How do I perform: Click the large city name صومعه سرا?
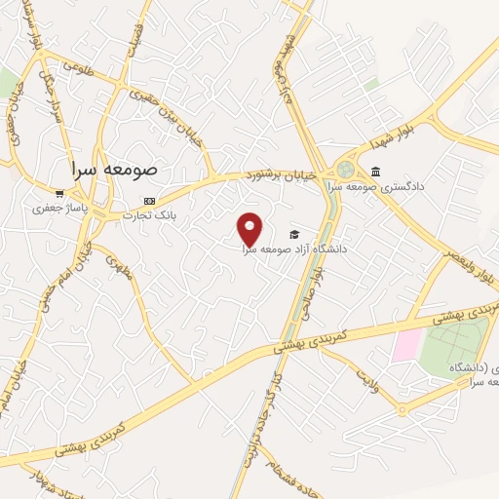(x=115, y=169)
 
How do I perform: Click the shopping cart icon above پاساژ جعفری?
(x=60, y=192)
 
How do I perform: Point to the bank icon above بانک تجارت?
(x=134, y=200)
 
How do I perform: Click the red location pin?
(x=250, y=229)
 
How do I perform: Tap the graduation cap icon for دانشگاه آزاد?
(x=293, y=234)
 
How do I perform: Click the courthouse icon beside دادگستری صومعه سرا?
(x=374, y=171)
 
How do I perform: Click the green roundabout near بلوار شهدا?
(x=345, y=169)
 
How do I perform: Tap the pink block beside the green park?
(x=407, y=344)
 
